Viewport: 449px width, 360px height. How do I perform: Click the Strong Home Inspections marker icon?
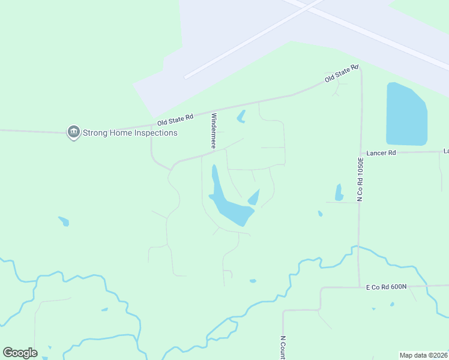(x=74, y=132)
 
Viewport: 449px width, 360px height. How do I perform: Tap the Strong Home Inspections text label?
(x=130, y=133)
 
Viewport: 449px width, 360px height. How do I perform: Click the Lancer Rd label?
(x=384, y=153)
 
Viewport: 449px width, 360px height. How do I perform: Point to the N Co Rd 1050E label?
(x=361, y=179)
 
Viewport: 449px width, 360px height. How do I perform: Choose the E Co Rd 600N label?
(x=387, y=287)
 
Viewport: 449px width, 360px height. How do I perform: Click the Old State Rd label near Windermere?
(x=172, y=121)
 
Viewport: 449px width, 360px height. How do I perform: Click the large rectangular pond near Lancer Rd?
(x=406, y=114)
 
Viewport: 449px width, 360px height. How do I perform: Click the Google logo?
(x=20, y=352)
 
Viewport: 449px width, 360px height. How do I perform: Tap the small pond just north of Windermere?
(x=241, y=116)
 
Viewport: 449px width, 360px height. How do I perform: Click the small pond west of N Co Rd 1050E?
(x=339, y=193)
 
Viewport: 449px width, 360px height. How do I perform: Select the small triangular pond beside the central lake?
(x=254, y=197)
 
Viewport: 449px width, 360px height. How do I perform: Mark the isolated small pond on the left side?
(x=64, y=221)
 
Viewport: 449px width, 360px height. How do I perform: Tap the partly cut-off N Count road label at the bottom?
(x=282, y=346)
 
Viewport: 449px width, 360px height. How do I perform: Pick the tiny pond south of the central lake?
(x=253, y=281)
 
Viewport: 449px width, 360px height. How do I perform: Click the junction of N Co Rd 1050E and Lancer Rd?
(x=361, y=152)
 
